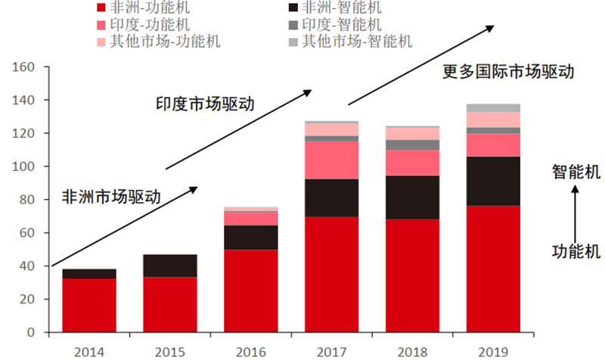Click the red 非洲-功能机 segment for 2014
pos(89,306)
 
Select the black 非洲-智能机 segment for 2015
pos(170,266)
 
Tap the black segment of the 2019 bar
pos(493,182)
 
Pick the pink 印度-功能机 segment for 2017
pos(331,160)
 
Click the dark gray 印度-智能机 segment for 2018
pos(412,145)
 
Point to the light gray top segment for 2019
pos(493,108)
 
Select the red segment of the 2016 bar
pos(251,291)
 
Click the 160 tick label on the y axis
pos(23,67)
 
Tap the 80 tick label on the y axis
pos(27,200)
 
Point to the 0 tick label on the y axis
pos(31,332)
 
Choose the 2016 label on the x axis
pos(251,352)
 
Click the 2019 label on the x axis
pos(493,352)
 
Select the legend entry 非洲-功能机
pos(144,8)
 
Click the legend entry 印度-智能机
pos(335,25)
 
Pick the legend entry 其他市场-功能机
pos(159,42)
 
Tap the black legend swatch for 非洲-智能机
pos(293,8)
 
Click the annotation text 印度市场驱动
pos(205,104)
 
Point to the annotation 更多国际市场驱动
pos(508,71)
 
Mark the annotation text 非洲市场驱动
pos(111,197)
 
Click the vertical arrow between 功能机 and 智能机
pos(575,215)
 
